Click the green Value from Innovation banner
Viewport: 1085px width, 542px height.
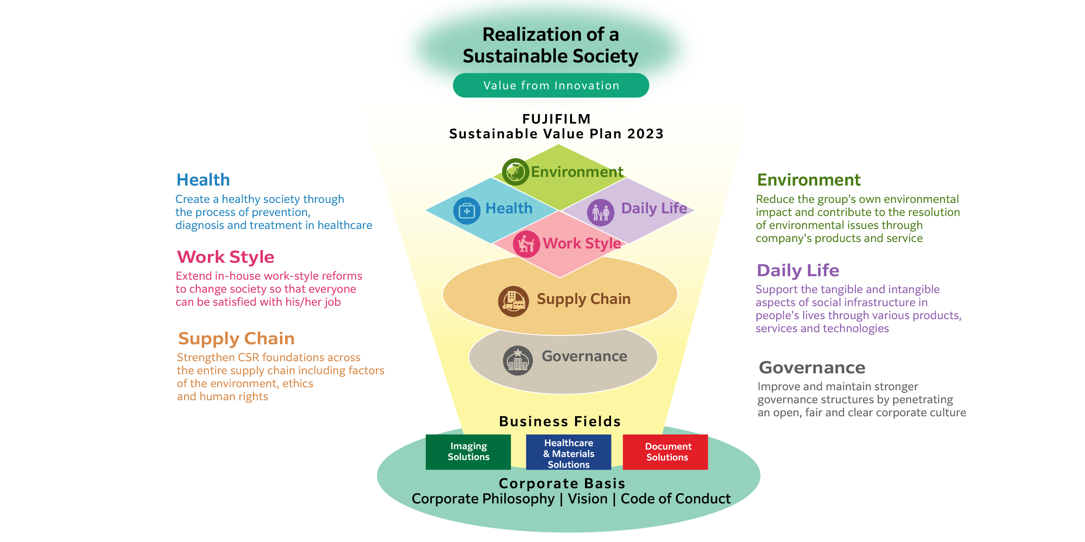551,85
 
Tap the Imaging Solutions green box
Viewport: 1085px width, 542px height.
468,452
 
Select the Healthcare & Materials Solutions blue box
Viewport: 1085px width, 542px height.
569,453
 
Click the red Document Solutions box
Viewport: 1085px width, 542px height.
665,452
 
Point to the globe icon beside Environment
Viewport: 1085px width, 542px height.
515,172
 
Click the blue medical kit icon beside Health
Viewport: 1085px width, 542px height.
467,211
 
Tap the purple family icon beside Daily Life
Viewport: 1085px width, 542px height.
601,212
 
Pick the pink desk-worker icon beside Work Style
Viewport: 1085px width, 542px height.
526,244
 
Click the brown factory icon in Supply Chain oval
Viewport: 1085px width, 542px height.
513,301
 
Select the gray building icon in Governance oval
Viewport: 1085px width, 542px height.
517,360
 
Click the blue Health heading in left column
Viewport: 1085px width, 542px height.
203,180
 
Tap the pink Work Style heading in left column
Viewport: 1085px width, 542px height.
226,257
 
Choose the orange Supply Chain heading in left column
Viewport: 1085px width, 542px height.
237,339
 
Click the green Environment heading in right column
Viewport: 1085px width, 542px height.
809,180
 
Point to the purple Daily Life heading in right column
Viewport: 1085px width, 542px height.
798,271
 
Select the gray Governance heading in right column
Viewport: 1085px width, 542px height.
812,368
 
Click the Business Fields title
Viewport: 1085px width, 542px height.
560,421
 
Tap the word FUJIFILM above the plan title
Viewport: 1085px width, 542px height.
556,119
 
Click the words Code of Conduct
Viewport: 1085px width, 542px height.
675,499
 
